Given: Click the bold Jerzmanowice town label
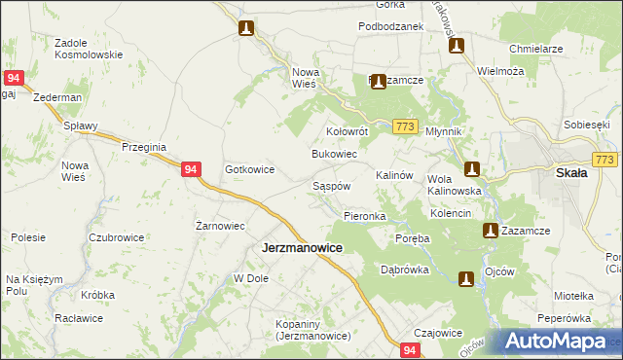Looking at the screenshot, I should click(302, 248).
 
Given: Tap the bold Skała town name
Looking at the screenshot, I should click(570, 173).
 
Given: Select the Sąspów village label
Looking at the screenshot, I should click(331, 185).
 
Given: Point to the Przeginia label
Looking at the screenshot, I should click(144, 146).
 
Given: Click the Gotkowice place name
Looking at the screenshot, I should click(250, 169).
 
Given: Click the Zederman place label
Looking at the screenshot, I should click(56, 98).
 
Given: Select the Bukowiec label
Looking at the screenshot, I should click(334, 155).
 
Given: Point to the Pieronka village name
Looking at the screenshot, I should click(365, 215).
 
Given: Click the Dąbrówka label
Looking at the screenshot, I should click(405, 270).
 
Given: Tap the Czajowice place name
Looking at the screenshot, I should click(438, 332).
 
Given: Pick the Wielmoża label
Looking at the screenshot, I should click(501, 71).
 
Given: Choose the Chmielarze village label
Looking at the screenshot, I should click(536, 48).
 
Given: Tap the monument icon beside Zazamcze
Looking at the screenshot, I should click(492, 231).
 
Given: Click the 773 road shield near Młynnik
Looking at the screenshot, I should click(407, 126).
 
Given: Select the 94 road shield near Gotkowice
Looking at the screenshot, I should click(192, 169).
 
